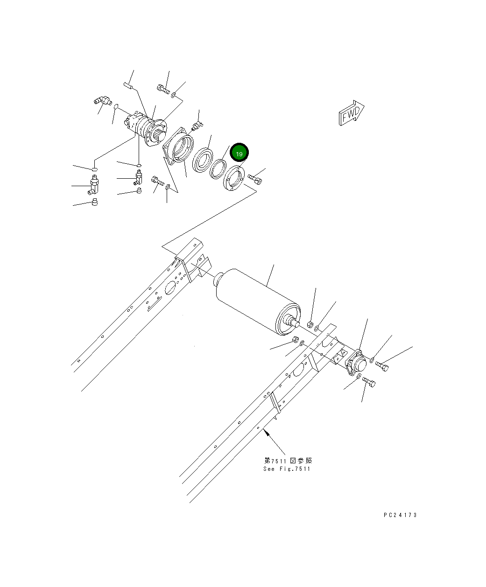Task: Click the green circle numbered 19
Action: [x=239, y=154]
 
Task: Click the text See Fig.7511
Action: [x=286, y=469]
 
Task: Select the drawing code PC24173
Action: [x=400, y=515]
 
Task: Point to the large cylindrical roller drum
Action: [x=254, y=299]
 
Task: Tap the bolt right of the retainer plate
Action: [x=255, y=178]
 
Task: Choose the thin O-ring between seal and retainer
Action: [x=218, y=168]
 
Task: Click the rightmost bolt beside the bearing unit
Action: [x=382, y=367]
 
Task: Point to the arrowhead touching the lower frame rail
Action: [x=267, y=432]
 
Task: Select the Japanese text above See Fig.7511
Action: [x=286, y=461]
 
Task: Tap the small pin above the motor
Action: [x=129, y=85]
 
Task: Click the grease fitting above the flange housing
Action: [x=197, y=124]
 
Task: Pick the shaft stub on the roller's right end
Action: [x=294, y=321]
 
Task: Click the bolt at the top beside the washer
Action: [x=162, y=88]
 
